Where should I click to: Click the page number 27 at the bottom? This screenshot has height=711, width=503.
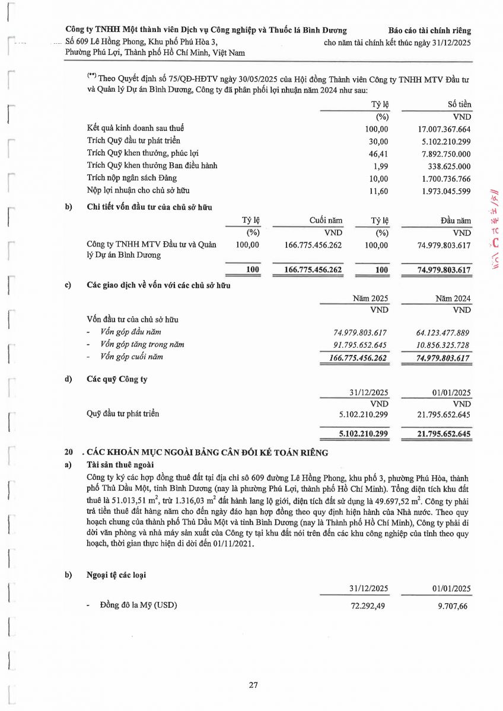coord(253,686)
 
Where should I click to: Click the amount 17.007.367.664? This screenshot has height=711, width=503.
coord(444,129)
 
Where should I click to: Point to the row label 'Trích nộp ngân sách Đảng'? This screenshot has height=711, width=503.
coord(132,178)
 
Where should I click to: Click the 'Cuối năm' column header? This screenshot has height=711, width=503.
coord(326,220)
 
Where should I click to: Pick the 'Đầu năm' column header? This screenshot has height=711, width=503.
coord(456,220)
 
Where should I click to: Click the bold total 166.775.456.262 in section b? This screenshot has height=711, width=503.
coord(313,270)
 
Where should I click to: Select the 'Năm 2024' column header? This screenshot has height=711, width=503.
coord(453,298)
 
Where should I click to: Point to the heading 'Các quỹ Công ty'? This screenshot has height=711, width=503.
coord(117,379)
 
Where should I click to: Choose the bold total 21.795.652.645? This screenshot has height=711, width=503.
coord(436,434)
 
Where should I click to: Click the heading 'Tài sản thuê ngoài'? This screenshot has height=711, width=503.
coord(120,465)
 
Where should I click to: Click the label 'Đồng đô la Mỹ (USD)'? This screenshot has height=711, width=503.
coord(139,605)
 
